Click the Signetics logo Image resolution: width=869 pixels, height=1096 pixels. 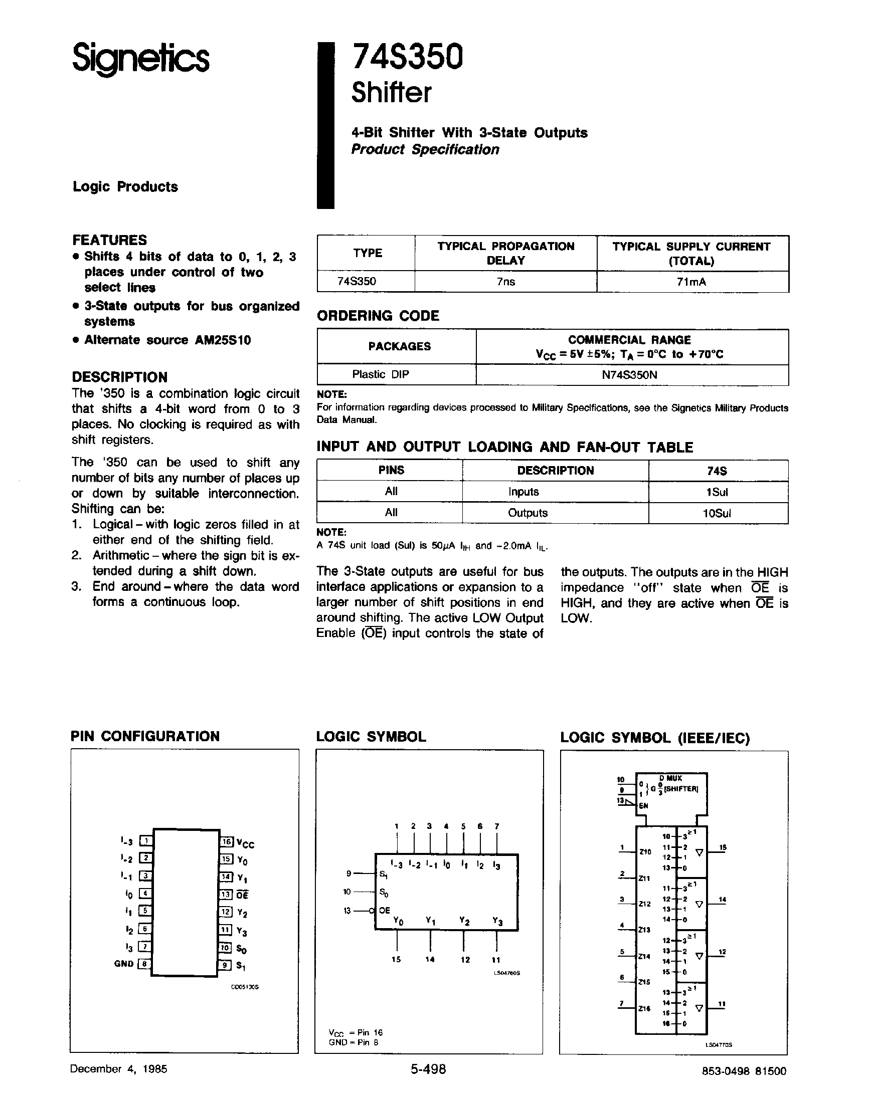click(140, 58)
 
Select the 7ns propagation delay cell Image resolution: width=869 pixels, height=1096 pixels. click(505, 282)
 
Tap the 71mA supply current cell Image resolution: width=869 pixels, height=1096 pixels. click(691, 282)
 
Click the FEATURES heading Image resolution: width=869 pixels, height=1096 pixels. click(109, 240)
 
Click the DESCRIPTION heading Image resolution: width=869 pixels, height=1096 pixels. click(119, 377)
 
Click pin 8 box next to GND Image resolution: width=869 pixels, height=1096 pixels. click(145, 964)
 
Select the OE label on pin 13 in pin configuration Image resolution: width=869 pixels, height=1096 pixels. click(243, 895)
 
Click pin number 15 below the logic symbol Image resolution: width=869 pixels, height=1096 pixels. click(396, 960)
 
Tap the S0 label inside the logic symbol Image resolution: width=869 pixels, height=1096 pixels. click(384, 892)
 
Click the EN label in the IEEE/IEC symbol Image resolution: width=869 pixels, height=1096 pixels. click(643, 806)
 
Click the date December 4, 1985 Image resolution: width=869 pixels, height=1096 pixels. click(118, 1069)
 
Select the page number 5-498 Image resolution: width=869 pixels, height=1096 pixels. click(428, 1069)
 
